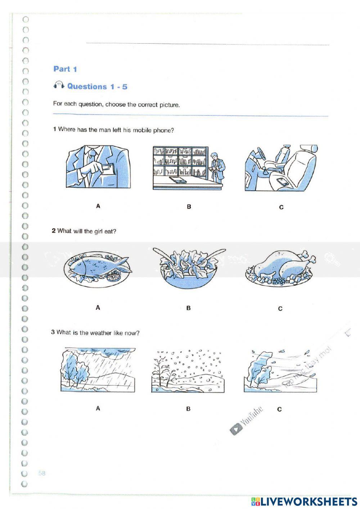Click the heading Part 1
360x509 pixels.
pyautogui.click(x=65, y=69)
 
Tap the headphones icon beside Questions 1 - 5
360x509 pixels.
pyautogui.click(x=59, y=85)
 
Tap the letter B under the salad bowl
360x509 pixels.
pyautogui.click(x=188, y=308)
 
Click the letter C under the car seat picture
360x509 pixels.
pyautogui.click(x=281, y=207)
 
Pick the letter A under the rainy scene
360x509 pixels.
pyautogui.click(x=98, y=408)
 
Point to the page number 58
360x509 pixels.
pyautogui.click(x=42, y=473)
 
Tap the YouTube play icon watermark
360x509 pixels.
pyautogui.click(x=236, y=429)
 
